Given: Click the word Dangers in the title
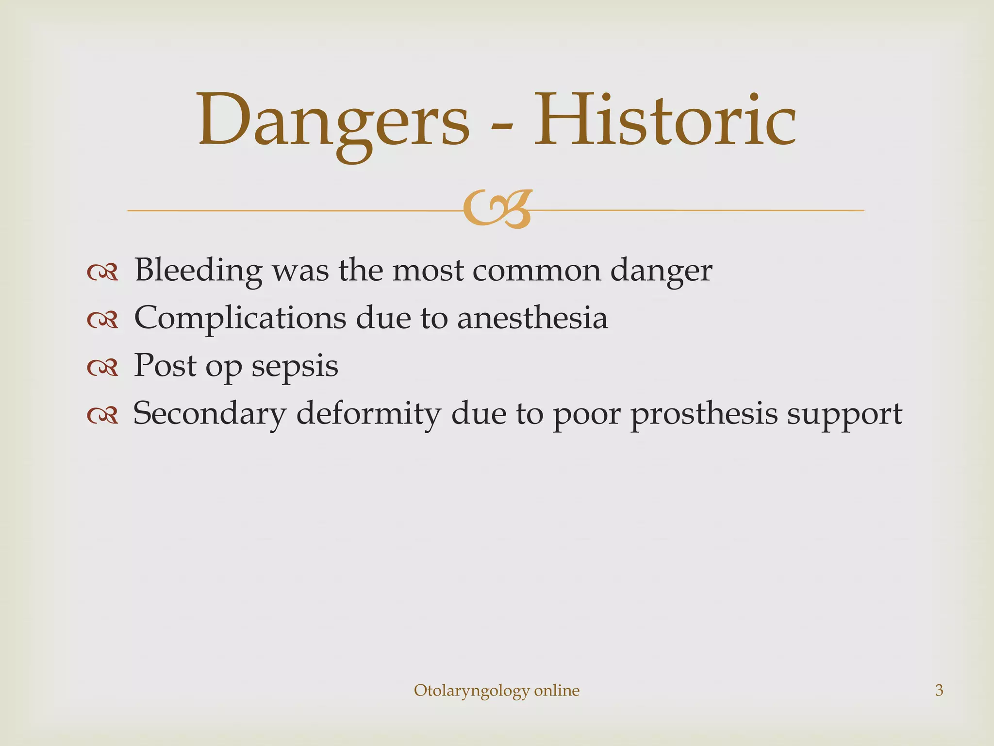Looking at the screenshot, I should tap(334, 121).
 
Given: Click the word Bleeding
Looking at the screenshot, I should tap(198, 271).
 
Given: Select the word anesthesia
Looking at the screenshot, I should tap(532, 318).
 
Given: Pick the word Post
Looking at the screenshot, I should tap(165, 365).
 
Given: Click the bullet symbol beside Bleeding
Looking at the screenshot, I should tap(102, 273).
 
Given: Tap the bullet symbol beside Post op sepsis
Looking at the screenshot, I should tap(102, 368).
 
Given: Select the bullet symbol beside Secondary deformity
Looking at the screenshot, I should tap(102, 416).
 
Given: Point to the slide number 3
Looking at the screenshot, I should tap(939, 690).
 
